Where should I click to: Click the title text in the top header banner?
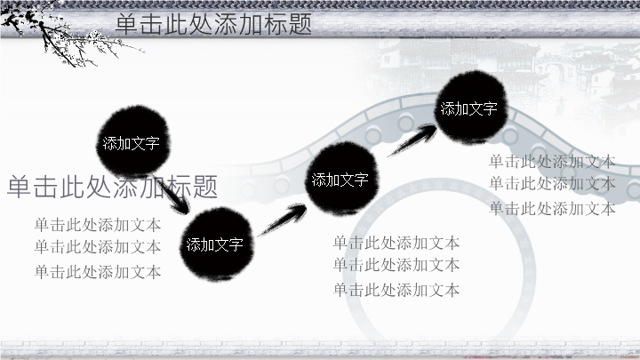coord(213,24)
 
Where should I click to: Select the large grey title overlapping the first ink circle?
coord(112,187)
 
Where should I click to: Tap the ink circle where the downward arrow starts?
coord(133,140)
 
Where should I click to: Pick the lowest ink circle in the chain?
coord(216,244)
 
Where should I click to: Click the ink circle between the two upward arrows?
coord(341,178)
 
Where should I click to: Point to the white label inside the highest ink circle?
coord(468,108)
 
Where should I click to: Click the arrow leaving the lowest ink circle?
coord(282,220)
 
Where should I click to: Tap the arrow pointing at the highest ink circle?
coord(412,140)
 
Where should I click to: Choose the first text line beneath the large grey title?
coord(98,225)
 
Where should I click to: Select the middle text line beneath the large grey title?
coord(98,247)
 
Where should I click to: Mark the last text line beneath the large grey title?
coord(98,272)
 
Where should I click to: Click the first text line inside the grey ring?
coord(396,243)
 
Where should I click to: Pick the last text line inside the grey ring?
coord(396,290)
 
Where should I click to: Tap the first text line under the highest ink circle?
coord(552,162)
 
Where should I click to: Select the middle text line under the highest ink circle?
coord(552,184)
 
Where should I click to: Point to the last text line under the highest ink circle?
coord(552,209)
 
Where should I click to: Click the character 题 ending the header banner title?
coord(300,24)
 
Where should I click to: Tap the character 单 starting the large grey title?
coord(20,187)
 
